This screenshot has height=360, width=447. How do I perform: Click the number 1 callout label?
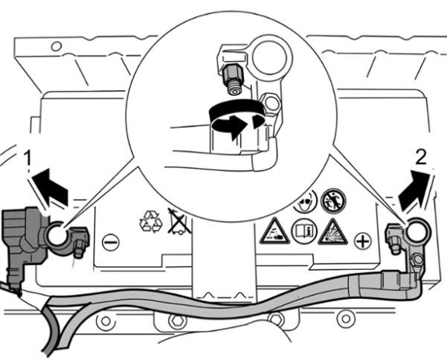click(x=28, y=158)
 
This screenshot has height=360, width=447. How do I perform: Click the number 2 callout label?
click(x=420, y=158)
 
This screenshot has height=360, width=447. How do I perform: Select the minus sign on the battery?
click(x=111, y=242)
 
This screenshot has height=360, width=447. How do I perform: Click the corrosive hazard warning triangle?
click(x=273, y=232)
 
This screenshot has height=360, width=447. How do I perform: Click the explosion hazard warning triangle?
click(x=332, y=233)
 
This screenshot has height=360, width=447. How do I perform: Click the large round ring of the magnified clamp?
click(x=267, y=60)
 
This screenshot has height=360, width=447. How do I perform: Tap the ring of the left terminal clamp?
click(x=57, y=236)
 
